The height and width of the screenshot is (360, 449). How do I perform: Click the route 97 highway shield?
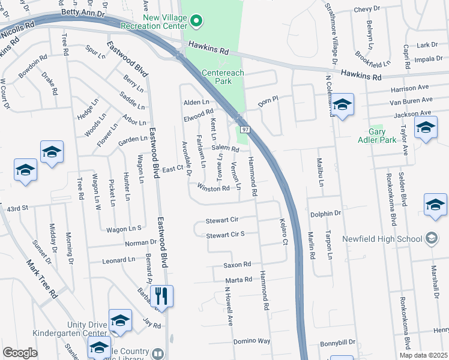tap(246, 130)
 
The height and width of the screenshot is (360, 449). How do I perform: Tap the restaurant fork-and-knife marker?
tap(161, 296)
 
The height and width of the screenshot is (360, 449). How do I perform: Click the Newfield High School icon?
tap(431, 238)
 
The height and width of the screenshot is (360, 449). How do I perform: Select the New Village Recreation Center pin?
tap(196, 22)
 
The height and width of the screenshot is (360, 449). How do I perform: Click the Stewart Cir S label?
tap(225, 235)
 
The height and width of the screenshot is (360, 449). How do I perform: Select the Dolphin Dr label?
tap(326, 213)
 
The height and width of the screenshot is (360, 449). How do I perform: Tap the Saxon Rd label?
tap(237, 265)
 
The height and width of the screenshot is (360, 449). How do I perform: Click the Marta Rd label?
tap(238, 280)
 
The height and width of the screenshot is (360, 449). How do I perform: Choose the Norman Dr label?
tap(141, 243)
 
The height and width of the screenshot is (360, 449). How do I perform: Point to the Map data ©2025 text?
tap(423, 355)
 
